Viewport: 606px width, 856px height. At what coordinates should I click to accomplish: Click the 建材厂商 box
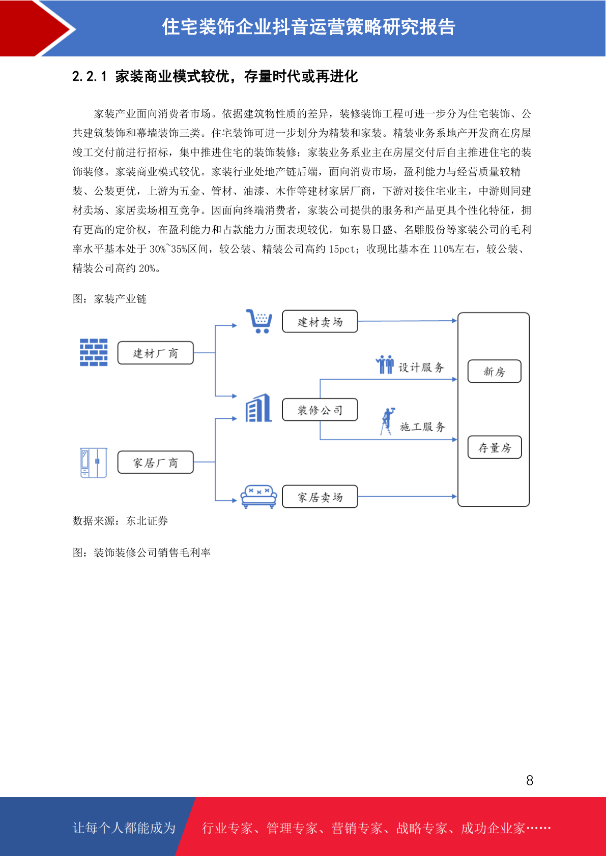155,353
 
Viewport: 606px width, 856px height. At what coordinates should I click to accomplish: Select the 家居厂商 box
155,463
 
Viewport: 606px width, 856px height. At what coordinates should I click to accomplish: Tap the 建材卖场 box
320,321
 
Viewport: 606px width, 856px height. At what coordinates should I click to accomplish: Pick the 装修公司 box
320,410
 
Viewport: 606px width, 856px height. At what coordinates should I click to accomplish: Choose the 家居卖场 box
320,497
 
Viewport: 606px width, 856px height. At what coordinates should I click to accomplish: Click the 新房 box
494,371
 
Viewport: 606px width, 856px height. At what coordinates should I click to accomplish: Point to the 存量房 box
494,447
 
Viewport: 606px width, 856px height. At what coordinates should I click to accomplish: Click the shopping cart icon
259,321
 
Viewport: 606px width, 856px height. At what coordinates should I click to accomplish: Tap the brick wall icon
94,352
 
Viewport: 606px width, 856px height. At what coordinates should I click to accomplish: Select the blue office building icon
258,408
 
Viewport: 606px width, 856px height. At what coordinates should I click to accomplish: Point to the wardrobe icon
94,463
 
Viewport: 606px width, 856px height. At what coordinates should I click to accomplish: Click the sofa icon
258,497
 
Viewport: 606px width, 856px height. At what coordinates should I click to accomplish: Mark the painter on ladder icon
387,421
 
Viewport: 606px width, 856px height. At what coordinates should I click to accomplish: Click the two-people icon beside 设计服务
385,364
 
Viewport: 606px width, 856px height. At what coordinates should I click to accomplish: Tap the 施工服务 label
422,427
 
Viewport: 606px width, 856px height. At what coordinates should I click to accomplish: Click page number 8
530,780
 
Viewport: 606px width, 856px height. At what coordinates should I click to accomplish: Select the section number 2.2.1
90,76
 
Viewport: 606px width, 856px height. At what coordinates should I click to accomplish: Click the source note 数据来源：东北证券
121,521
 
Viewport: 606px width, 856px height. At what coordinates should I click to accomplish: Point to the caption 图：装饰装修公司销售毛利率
141,553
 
